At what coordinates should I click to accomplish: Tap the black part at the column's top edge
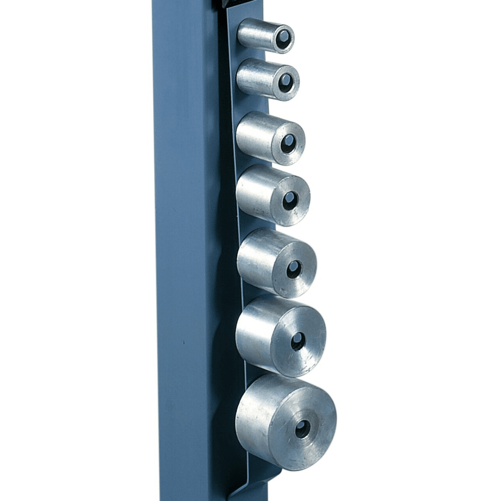click(x=225, y=3)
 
